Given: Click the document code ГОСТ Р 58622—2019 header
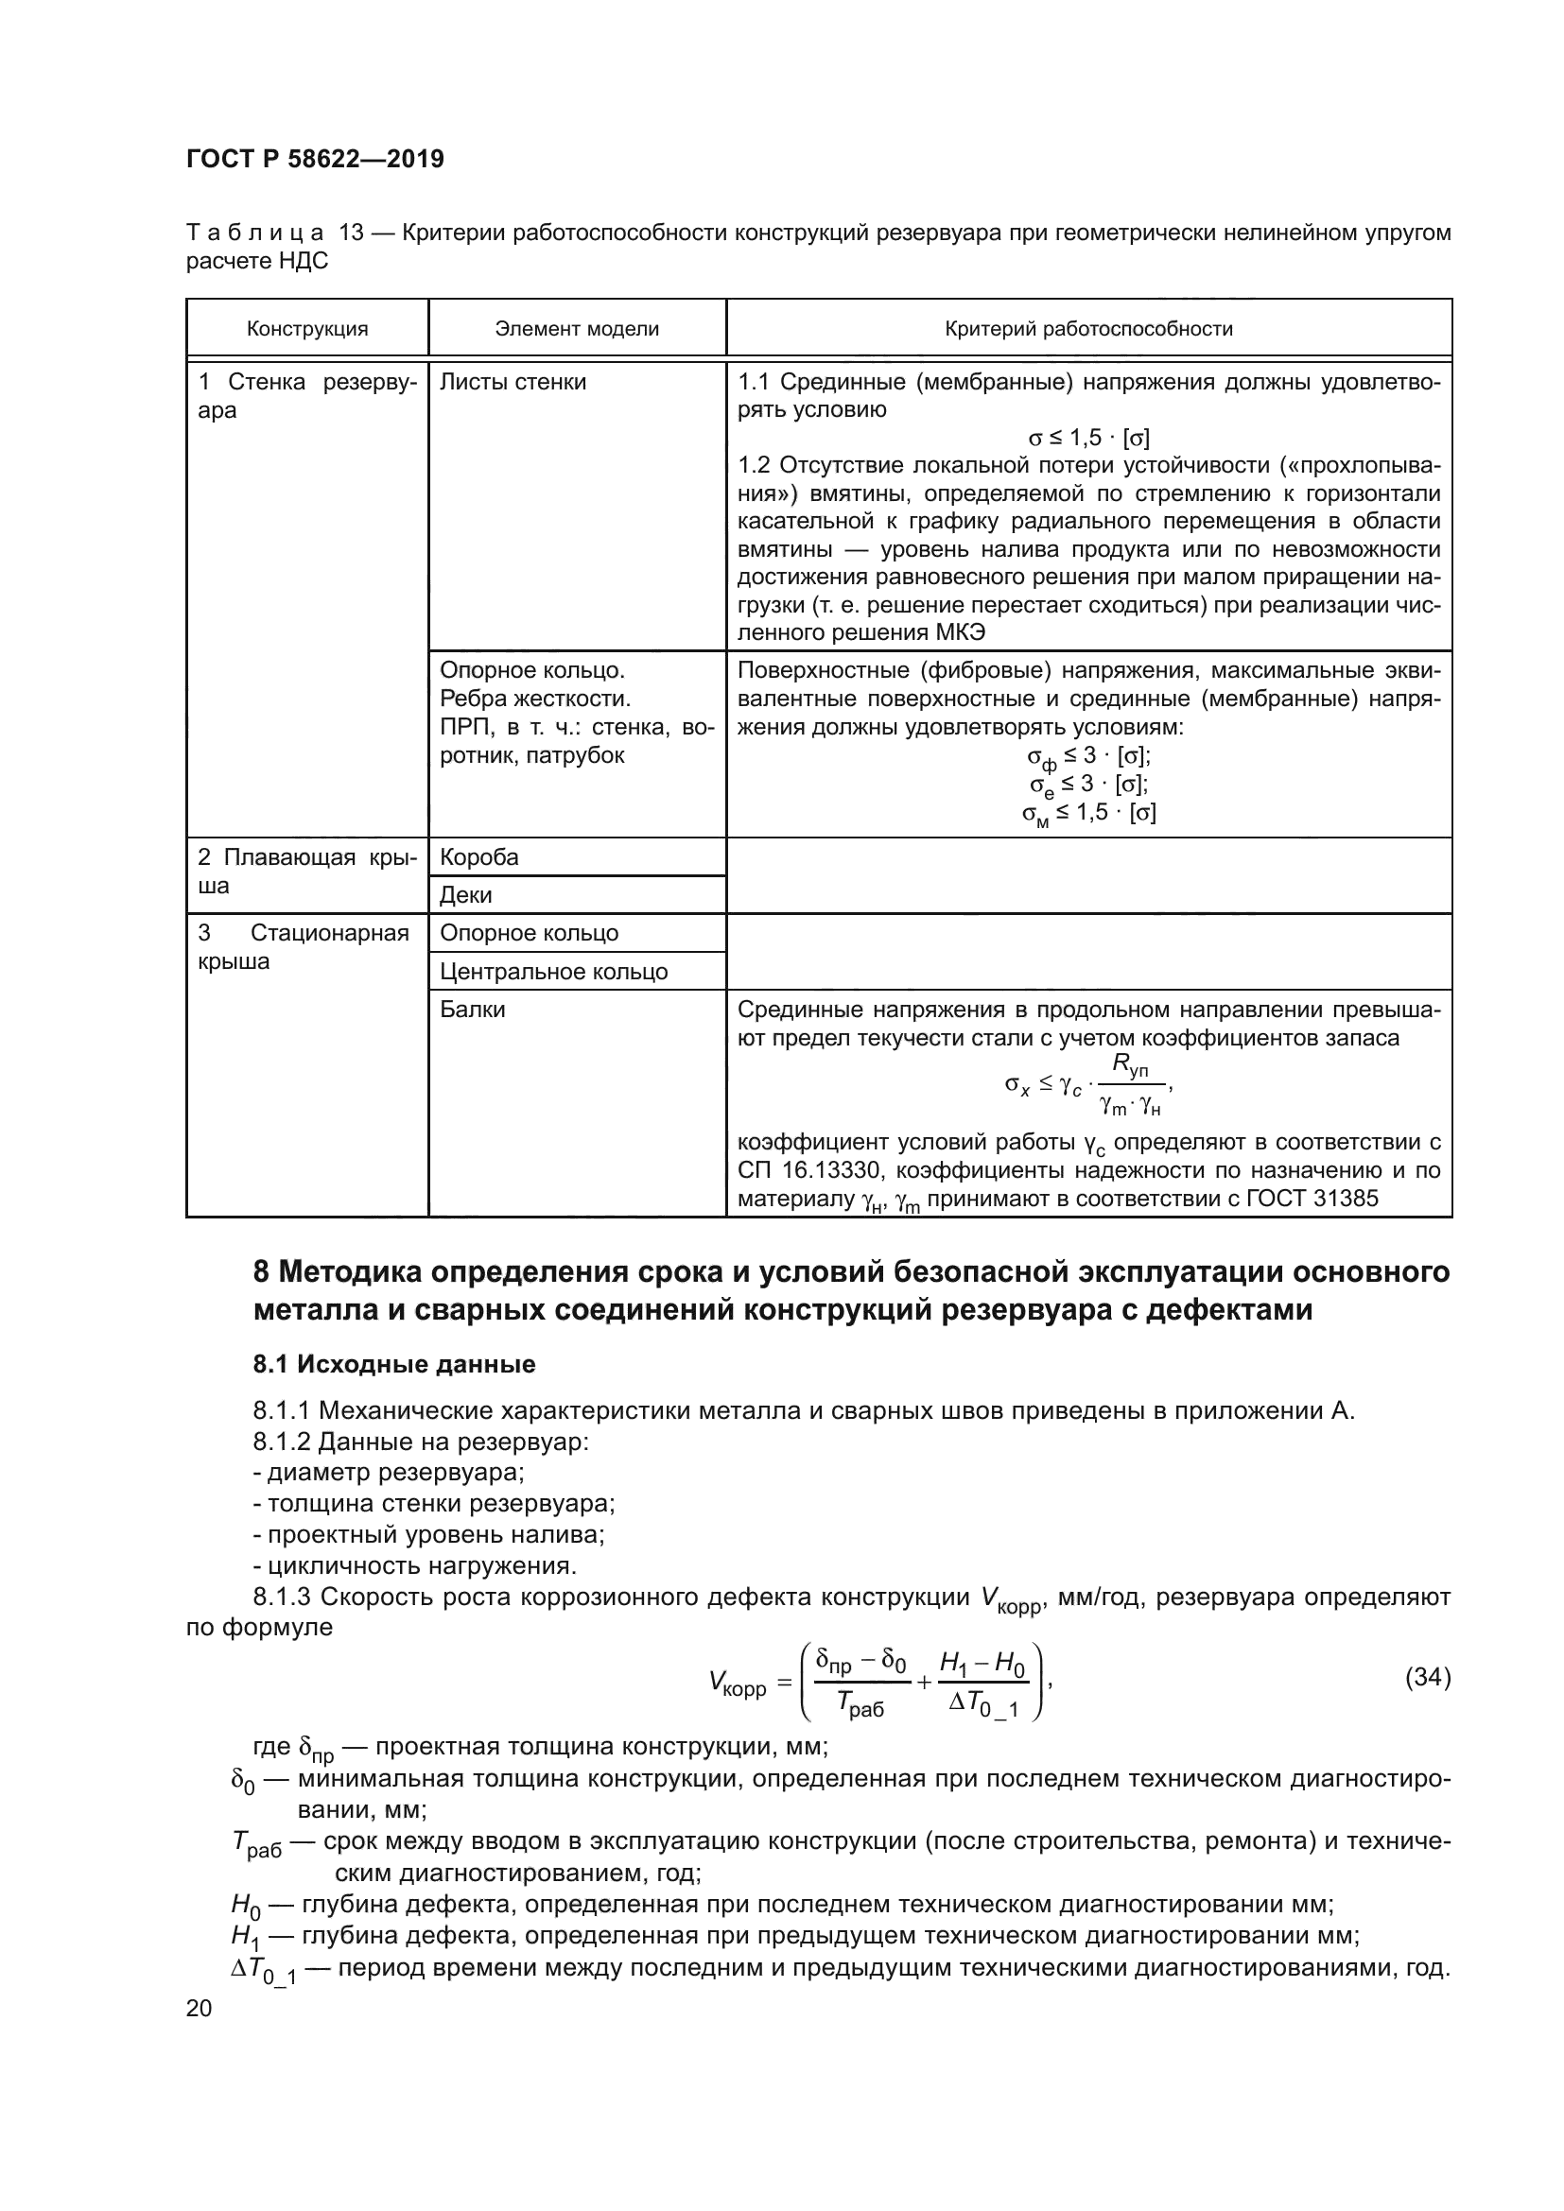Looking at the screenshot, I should (315, 160).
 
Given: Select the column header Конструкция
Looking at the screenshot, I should (307, 329).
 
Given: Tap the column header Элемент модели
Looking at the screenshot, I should (577, 329).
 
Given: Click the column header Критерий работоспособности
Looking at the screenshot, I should (1088, 329).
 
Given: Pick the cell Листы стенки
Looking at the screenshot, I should (513, 382).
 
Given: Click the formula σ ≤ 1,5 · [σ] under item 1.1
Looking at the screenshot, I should (1088, 439).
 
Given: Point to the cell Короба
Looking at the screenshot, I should (478, 857).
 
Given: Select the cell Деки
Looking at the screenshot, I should (465, 894).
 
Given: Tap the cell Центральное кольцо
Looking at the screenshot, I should (553, 971).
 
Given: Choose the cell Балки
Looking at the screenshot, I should (472, 1010).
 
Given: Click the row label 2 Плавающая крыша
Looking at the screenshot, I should (307, 872).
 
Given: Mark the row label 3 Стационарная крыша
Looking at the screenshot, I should (304, 946).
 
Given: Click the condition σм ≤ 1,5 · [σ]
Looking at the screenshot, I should (1088, 814).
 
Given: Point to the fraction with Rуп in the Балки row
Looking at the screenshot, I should (1130, 1086).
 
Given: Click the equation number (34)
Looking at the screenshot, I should (1427, 1678).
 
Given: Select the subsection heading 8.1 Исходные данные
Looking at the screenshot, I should (394, 1364).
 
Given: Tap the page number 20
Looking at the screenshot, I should (199, 2008).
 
